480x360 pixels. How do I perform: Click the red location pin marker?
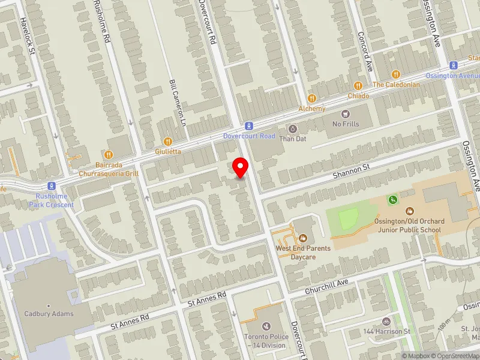(x=241, y=166)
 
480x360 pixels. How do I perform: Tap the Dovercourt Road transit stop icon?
(x=248, y=126)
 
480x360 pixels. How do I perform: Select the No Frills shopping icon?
(x=345, y=113)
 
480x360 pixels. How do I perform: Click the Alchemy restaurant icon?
(x=311, y=98)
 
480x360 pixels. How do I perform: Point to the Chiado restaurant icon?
(x=358, y=85)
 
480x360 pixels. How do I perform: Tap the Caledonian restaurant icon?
(x=395, y=74)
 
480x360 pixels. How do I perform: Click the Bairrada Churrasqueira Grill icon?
(x=108, y=154)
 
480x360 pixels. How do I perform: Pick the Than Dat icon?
(x=293, y=128)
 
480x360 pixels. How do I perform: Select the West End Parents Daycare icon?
(x=304, y=239)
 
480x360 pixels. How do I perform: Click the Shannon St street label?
(x=349, y=173)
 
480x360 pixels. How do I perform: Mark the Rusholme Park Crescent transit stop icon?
(x=52, y=186)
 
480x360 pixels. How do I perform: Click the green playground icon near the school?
(x=393, y=199)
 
